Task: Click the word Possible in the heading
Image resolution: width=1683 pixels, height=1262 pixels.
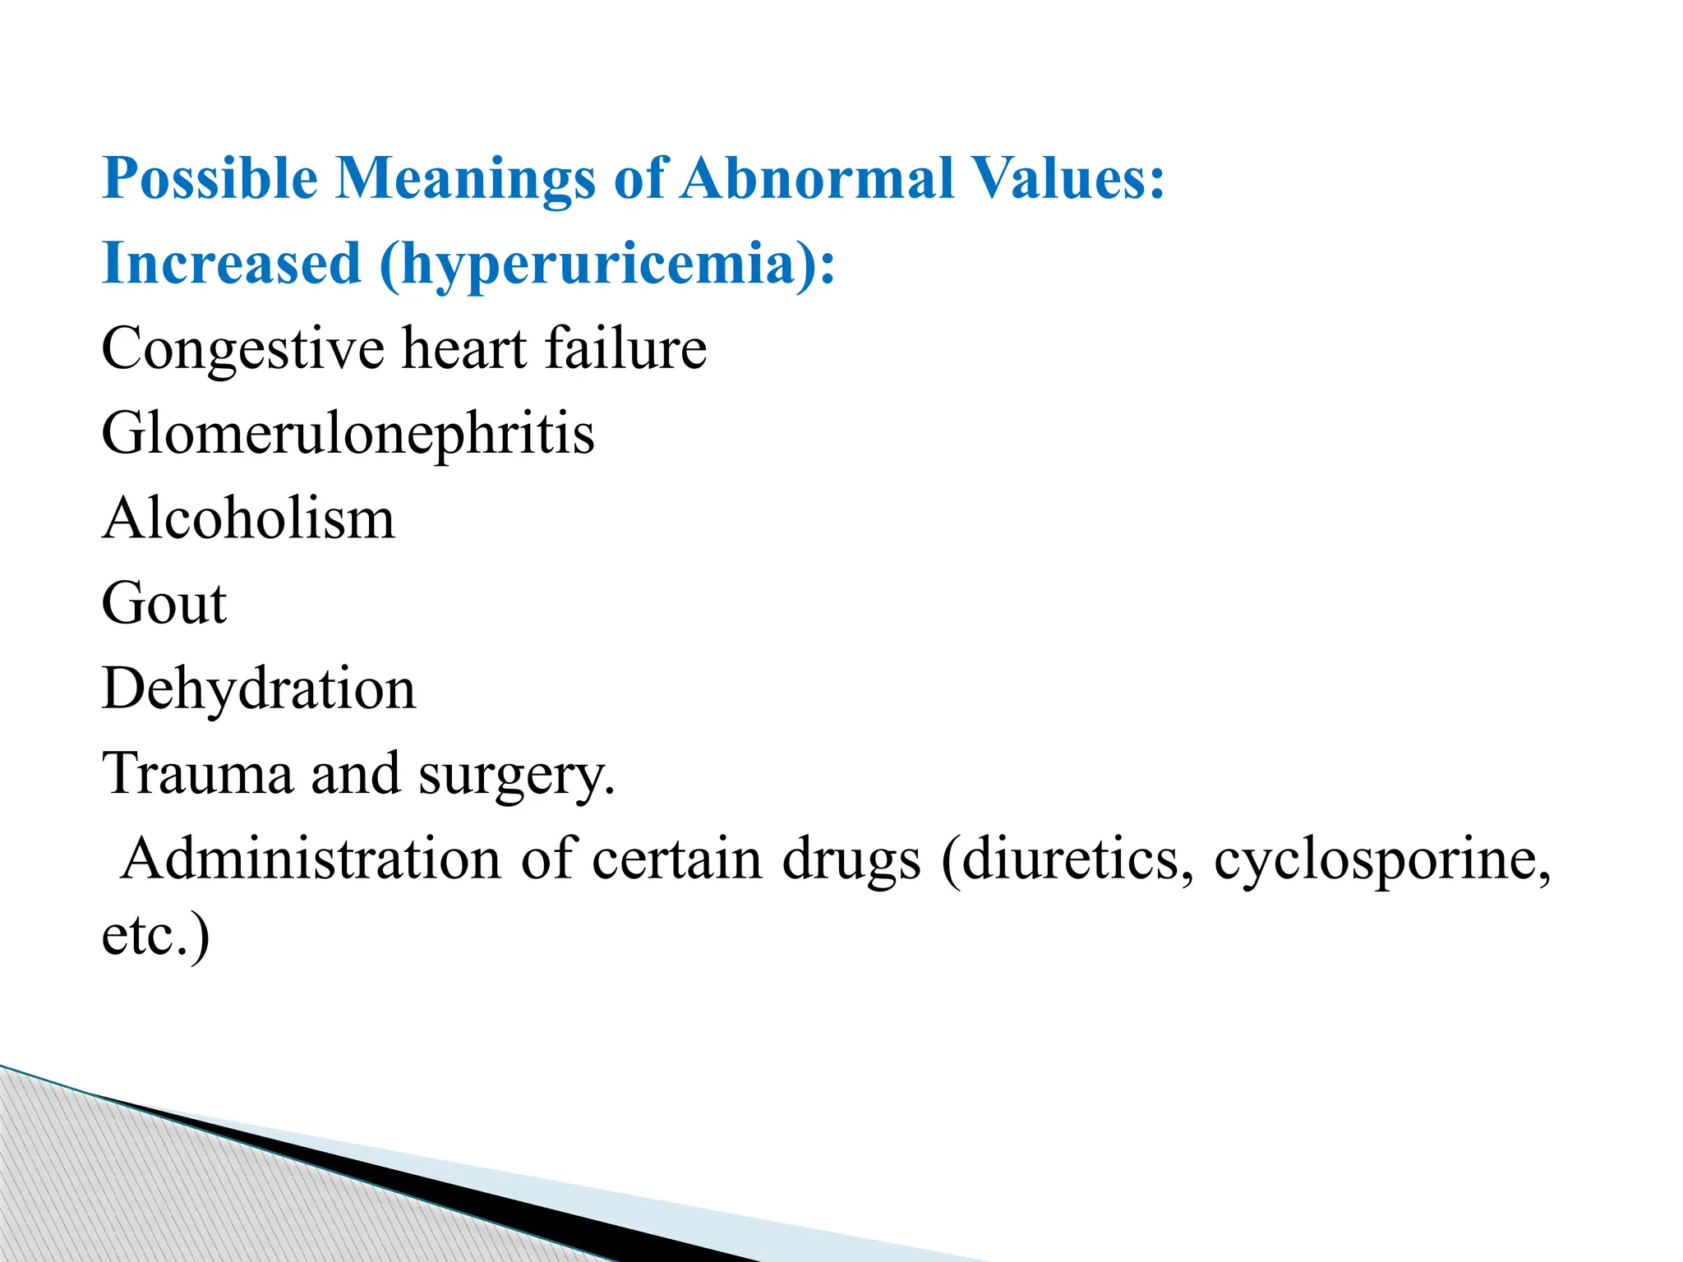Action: [210, 178]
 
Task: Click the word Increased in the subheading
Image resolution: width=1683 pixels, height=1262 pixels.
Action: [231, 264]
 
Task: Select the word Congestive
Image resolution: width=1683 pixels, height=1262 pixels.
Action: [242, 349]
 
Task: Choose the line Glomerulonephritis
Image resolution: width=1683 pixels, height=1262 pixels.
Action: [348, 434]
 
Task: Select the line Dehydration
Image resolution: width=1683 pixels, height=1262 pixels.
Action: [259, 689]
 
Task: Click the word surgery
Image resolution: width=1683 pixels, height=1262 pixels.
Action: [516, 775]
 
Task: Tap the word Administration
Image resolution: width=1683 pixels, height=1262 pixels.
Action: [311, 859]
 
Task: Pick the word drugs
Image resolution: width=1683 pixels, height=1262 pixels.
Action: [851, 860]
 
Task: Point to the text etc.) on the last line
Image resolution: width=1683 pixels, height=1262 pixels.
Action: [155, 936]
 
